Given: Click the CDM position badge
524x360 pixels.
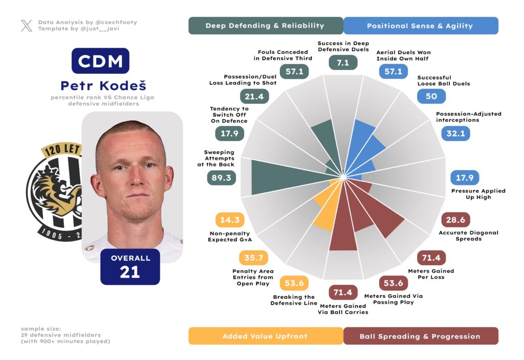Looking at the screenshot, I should [x=100, y=61].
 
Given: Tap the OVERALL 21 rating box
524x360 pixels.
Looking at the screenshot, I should [x=130, y=266].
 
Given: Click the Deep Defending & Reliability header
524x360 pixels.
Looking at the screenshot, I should [x=265, y=26].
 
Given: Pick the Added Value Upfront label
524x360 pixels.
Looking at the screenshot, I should [x=265, y=336].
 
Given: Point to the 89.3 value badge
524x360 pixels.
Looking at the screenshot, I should [x=221, y=177].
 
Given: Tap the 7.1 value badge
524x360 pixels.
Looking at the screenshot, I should [x=343, y=62].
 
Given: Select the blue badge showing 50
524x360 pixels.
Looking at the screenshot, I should [x=431, y=96].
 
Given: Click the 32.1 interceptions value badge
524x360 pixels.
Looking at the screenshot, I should [x=455, y=134].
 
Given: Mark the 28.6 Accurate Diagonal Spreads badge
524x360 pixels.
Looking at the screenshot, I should [x=455, y=220].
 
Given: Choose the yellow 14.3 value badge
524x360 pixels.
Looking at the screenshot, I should [x=230, y=220].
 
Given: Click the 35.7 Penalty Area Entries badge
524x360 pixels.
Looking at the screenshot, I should [x=253, y=258].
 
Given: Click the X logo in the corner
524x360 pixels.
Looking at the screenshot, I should [x=27, y=26].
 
